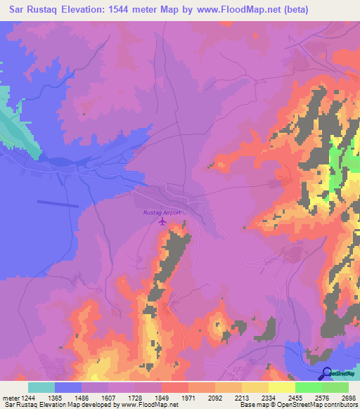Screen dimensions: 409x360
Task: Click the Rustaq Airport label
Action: tap(162, 212)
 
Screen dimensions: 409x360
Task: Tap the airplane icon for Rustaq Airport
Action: tap(163, 222)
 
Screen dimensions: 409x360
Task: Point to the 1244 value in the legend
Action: tap(29, 397)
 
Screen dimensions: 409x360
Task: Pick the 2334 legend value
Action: tap(257, 397)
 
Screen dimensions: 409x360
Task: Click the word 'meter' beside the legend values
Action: tap(9, 397)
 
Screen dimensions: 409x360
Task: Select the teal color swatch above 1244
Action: tap(41, 387)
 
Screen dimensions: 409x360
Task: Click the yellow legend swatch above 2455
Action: tap(282, 387)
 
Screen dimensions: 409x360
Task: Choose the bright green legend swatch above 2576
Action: tap(309, 387)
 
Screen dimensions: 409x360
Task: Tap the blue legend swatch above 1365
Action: tap(68, 387)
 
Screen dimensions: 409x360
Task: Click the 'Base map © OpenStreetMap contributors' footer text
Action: tap(298, 405)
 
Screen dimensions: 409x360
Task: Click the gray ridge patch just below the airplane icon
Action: tap(176, 246)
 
